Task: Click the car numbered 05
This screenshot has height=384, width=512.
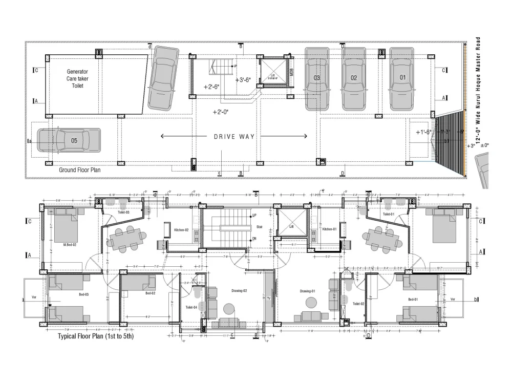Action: (69, 140)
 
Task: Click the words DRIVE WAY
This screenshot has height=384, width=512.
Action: (234, 137)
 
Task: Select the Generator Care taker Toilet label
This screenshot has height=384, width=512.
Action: (77, 79)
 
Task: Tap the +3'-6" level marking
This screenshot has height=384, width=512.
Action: (243, 80)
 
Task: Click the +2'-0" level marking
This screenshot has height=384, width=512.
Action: (221, 112)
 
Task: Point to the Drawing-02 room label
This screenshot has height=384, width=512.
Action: (239, 291)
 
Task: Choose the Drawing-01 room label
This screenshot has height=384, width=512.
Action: (309, 291)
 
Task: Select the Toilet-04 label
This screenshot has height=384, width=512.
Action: (192, 307)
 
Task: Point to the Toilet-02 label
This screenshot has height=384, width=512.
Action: (359, 304)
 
